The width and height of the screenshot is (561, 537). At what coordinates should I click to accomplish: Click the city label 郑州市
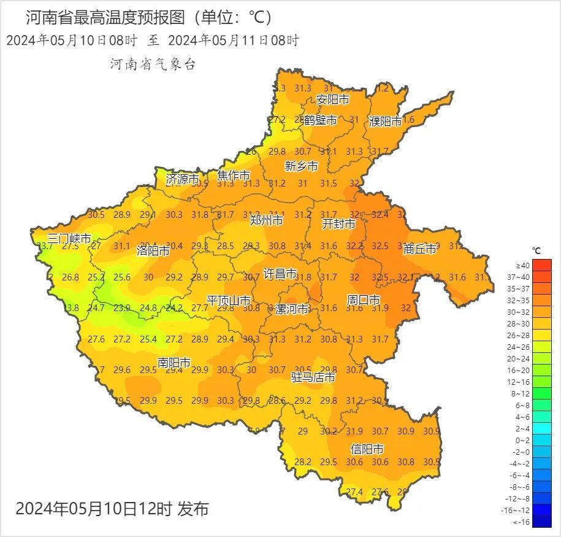pyautogui.click(x=266, y=220)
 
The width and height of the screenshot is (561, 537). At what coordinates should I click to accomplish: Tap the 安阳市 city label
pyautogui.click(x=333, y=99)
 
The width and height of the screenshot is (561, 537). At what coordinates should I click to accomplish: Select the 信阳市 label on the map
pyautogui.click(x=367, y=449)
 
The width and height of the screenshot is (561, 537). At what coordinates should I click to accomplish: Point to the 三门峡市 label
pyautogui.click(x=69, y=239)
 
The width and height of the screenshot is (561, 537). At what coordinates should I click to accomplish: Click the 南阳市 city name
pyautogui.click(x=174, y=363)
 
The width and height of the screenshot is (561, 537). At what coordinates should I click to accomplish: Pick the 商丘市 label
pyautogui.click(x=420, y=249)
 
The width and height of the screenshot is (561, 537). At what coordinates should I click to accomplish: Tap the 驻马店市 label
pyautogui.click(x=313, y=377)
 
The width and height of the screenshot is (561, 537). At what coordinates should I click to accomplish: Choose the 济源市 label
pyautogui.click(x=183, y=179)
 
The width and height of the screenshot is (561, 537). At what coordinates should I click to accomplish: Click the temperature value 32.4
pyautogui.click(x=380, y=215)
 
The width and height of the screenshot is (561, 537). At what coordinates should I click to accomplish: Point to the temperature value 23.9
pyautogui.click(x=122, y=308)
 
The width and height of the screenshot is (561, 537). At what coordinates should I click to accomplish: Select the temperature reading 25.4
pyautogui.click(x=148, y=339)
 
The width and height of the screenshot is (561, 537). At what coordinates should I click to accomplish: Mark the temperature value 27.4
pyautogui.click(x=354, y=492)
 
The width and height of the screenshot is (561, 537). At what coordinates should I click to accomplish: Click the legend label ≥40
pyautogui.click(x=523, y=265)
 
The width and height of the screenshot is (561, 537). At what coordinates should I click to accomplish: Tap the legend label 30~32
pyautogui.click(x=523, y=312)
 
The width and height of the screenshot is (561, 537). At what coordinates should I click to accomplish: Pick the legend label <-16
pyautogui.click(x=522, y=522)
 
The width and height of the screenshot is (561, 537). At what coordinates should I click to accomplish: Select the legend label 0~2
pyautogui.click(x=523, y=440)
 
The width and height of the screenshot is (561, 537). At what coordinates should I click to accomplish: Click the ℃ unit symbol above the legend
pyautogui.click(x=536, y=251)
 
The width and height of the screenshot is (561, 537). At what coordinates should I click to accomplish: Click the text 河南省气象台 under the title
pyautogui.click(x=153, y=64)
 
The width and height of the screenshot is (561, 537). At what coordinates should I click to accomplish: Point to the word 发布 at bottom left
pyautogui.click(x=193, y=509)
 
